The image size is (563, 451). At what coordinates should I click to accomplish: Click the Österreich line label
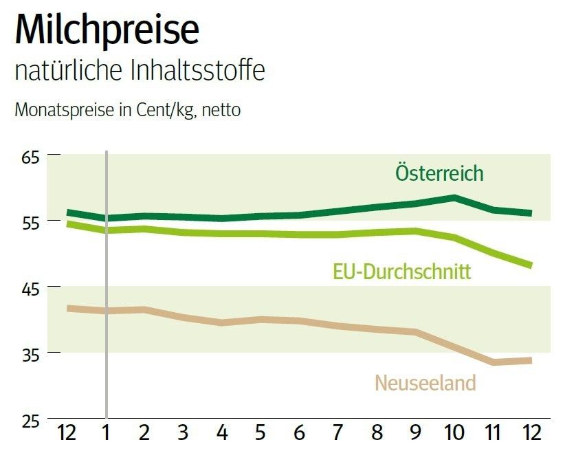[439, 173]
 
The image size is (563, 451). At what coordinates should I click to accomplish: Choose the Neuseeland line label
[425, 383]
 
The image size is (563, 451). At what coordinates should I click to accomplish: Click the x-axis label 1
[107, 434]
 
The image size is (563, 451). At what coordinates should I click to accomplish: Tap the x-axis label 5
[261, 434]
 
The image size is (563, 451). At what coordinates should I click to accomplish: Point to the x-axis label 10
[454, 434]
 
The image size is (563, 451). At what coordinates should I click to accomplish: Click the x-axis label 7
[338, 434]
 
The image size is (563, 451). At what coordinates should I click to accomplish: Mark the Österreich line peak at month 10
[454, 198]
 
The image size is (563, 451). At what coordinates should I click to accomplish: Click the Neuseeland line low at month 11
[493, 362]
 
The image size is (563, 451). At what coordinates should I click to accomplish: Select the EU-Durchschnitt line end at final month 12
[530, 265]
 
